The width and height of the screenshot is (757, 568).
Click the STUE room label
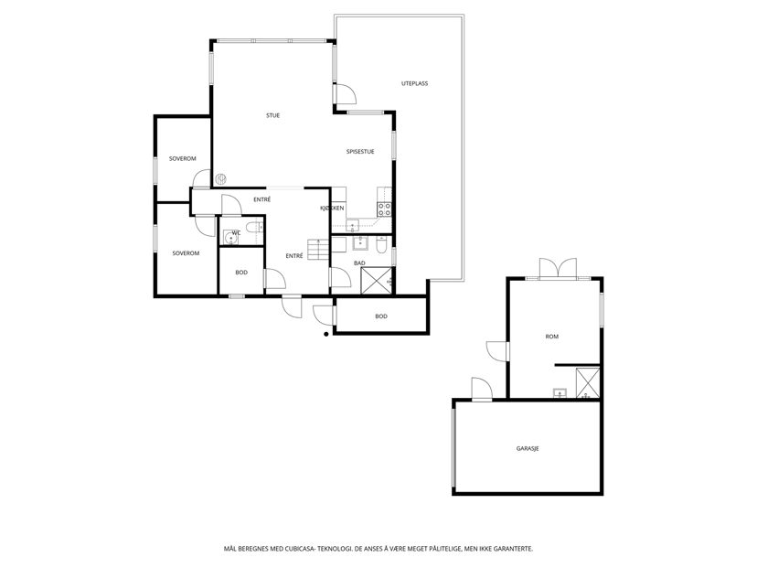[x=272, y=115]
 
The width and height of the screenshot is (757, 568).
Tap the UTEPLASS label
[x=414, y=83]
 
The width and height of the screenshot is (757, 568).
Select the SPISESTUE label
[x=360, y=152]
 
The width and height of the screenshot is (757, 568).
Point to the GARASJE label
[x=528, y=449]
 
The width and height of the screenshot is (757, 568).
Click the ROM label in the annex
[x=552, y=337]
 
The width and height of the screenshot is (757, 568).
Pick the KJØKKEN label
[x=332, y=209]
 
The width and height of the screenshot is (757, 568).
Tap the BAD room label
[x=359, y=263]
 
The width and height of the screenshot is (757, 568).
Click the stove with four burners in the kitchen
[x=384, y=209]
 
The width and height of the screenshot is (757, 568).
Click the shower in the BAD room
[x=377, y=281]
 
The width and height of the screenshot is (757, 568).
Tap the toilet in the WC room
[x=254, y=227]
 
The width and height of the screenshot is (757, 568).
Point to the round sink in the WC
[x=230, y=238]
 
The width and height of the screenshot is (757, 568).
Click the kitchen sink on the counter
[x=353, y=225]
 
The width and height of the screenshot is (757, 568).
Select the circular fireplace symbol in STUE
[x=220, y=178]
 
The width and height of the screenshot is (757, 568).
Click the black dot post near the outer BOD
[x=326, y=334]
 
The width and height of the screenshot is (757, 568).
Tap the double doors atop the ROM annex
[x=558, y=269]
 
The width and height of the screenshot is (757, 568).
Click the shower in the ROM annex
[x=588, y=383]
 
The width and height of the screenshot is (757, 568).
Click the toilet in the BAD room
[x=381, y=244]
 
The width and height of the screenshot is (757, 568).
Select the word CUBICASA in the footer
[x=299, y=549]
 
